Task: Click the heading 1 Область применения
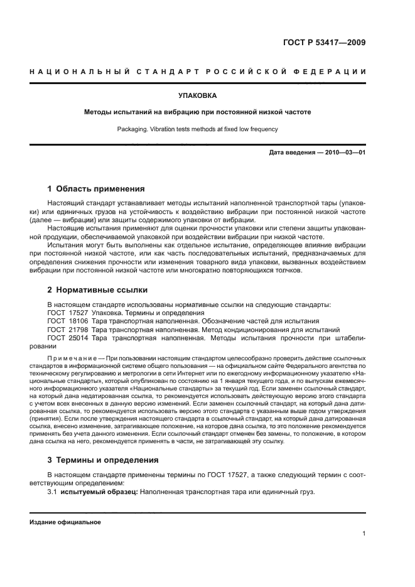pos(96,188)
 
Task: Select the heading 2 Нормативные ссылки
pos(97,291)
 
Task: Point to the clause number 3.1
pos(53,492)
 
